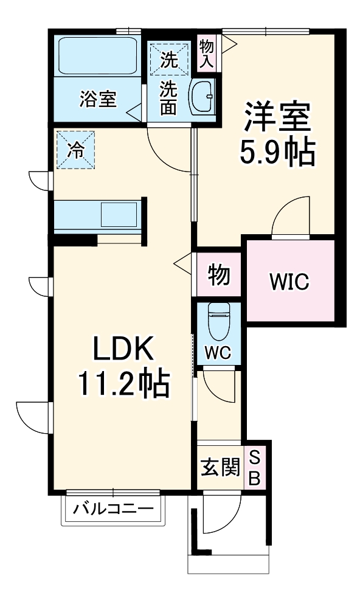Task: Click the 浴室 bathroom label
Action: [x=97, y=99]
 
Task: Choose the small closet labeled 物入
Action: [x=206, y=52]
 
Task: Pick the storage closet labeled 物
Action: [x=219, y=275]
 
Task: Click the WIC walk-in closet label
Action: [x=289, y=281]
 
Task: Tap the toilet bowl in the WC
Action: [x=217, y=322]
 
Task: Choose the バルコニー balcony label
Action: [x=113, y=507]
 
